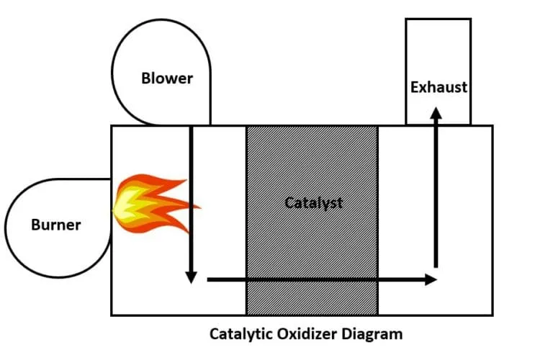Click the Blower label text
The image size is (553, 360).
tap(167, 78)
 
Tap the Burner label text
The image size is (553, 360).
tap(55, 225)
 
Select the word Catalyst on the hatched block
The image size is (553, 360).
tap(313, 202)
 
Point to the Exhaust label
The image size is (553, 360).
tap(439, 87)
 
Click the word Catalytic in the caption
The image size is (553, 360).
tap(241, 334)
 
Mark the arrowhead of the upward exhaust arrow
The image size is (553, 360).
tap(436, 112)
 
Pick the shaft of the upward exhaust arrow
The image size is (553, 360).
tap(436, 194)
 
